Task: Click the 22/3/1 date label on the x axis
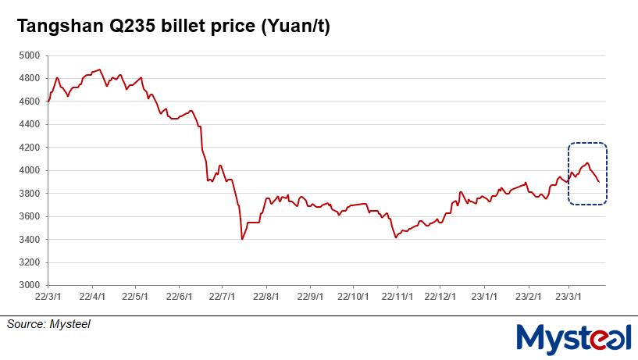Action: click(x=48, y=297)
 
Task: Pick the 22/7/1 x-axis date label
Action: click(x=223, y=297)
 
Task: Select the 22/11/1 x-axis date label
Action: click(x=397, y=297)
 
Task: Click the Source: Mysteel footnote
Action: click(x=48, y=323)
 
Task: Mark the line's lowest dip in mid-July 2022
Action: click(x=242, y=239)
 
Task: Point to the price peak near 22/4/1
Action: click(x=99, y=70)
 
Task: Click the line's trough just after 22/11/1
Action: click(x=397, y=237)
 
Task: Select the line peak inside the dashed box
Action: click(x=587, y=162)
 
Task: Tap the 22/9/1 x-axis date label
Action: click(x=311, y=297)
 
